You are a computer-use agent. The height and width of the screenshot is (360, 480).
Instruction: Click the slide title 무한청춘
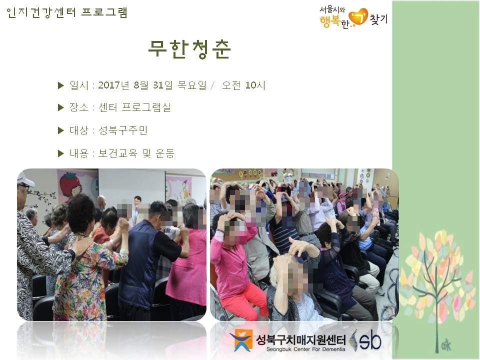click(189, 49)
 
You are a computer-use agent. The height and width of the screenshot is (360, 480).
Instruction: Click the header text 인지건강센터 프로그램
click(66, 13)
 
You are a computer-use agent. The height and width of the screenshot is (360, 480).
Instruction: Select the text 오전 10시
click(243, 85)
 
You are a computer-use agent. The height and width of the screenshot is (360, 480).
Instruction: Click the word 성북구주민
click(123, 130)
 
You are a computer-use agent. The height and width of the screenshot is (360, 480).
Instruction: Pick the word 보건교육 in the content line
click(117, 153)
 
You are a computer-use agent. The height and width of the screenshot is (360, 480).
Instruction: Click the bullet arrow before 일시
click(60, 85)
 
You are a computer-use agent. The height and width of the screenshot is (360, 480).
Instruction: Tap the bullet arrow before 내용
click(60, 153)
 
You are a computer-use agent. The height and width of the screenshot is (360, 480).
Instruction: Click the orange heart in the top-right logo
click(358, 17)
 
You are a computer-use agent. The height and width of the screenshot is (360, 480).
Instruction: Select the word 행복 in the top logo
click(329, 21)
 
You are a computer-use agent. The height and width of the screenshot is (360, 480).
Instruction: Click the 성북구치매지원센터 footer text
click(301, 339)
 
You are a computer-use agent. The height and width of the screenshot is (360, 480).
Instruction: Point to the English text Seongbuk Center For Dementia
click(305, 349)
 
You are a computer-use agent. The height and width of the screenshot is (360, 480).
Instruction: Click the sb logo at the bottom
click(366, 340)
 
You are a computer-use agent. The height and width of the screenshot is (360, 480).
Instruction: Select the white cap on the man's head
click(25, 179)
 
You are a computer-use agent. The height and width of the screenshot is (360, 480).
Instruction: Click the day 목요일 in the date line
click(192, 85)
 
